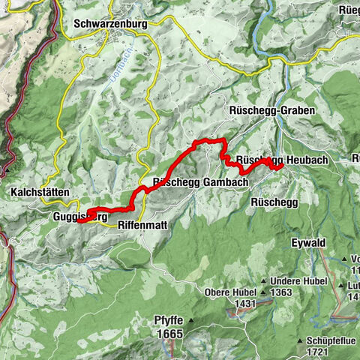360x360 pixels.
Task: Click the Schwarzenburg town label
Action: (x=111, y=23)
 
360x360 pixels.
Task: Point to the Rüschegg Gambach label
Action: (x=189, y=182)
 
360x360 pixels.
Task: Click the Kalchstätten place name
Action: (x=40, y=193)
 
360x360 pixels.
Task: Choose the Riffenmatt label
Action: (x=142, y=224)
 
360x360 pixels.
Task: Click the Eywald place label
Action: (x=308, y=243)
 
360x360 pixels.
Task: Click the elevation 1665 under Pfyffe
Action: (x=169, y=333)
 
